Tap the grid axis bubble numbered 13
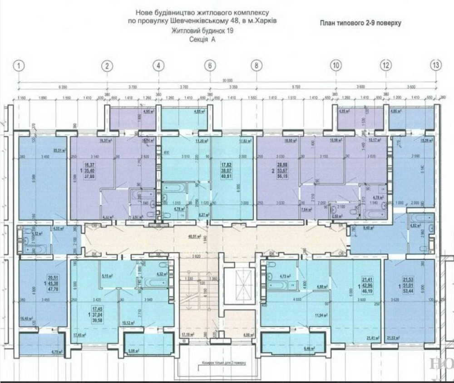coord(436,65)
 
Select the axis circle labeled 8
coord(257,65)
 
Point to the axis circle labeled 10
coord(336,65)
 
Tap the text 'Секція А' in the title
coord(202,40)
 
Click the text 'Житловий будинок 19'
coord(202,31)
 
